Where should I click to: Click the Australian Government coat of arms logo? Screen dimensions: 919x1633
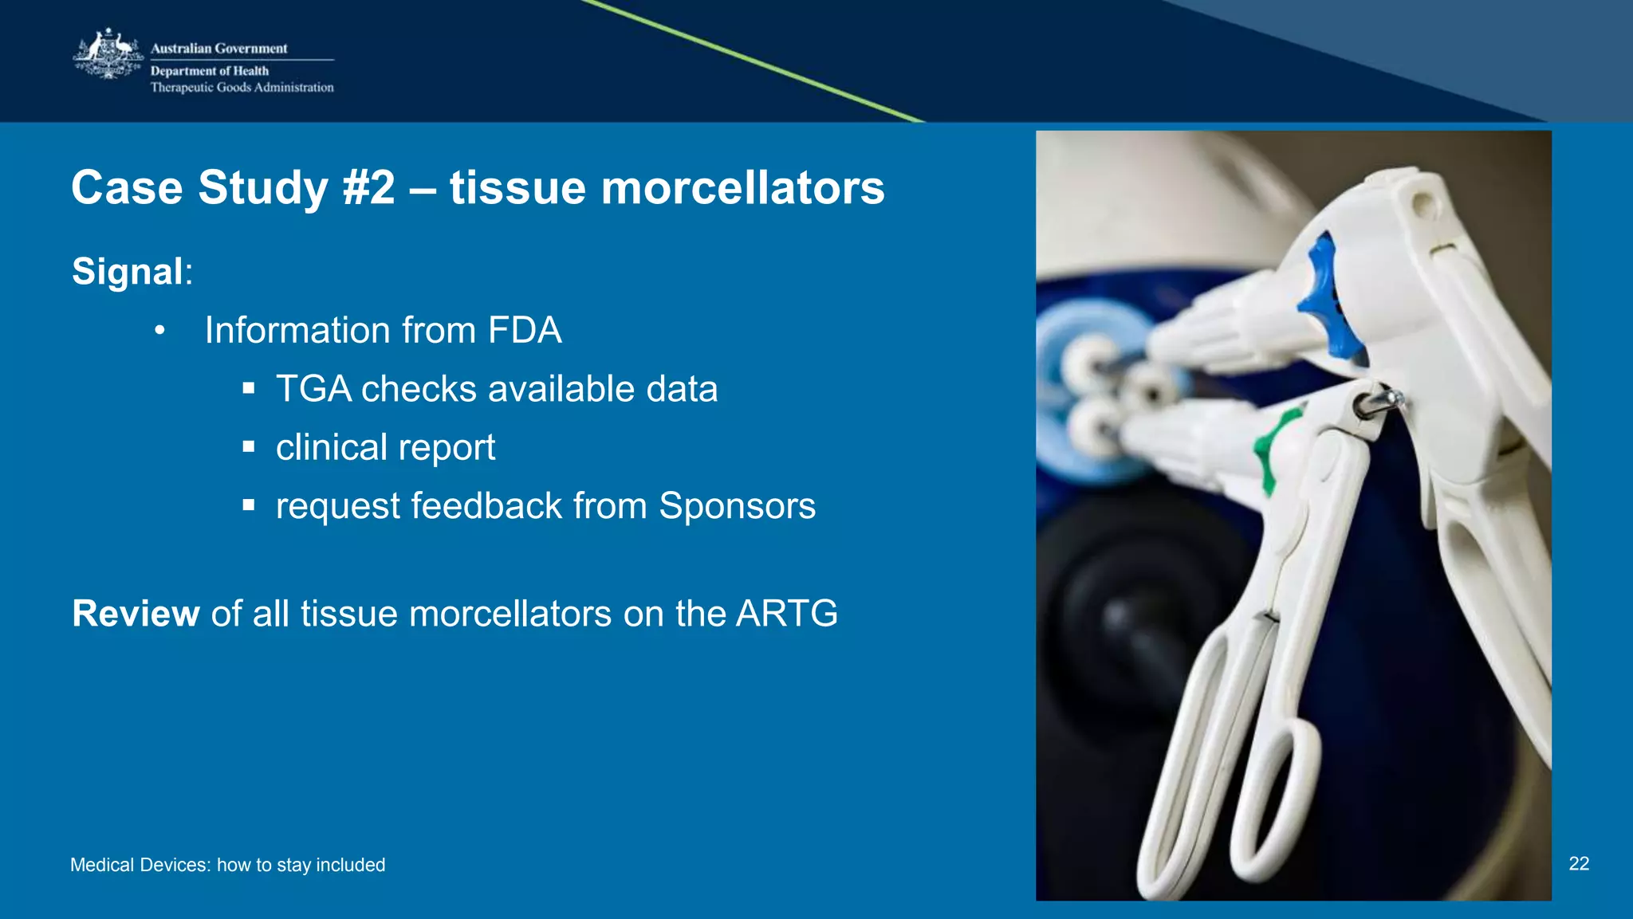108,54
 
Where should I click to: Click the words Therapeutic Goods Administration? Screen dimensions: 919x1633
242,88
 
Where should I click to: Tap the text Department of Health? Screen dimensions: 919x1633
210,71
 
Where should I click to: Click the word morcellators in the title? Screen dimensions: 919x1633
742,188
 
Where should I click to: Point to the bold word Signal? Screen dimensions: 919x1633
128,271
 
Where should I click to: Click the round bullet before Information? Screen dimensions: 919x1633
159,330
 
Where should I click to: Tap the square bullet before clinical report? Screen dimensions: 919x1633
249,447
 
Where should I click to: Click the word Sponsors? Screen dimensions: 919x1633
737,506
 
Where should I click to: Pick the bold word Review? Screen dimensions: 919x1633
136,614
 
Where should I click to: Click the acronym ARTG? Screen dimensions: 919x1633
786,614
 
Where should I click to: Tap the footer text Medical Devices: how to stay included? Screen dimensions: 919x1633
227,865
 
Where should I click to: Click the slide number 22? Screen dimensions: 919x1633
1579,863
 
